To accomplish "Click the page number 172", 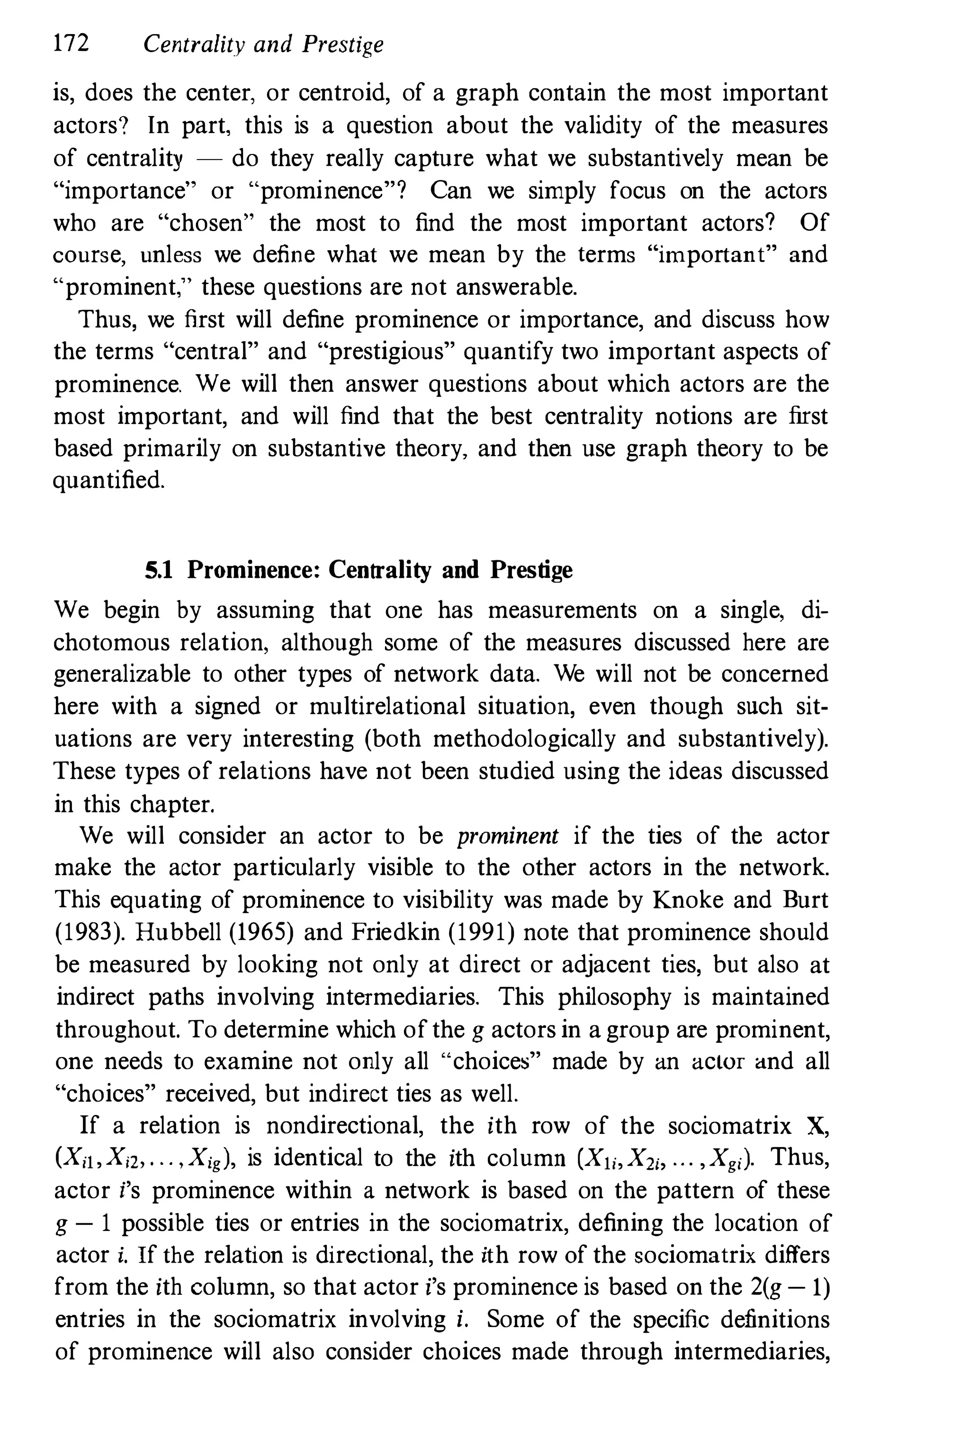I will (x=71, y=44).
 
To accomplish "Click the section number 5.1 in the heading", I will (x=158, y=570).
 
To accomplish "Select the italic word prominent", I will (x=507, y=836).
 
